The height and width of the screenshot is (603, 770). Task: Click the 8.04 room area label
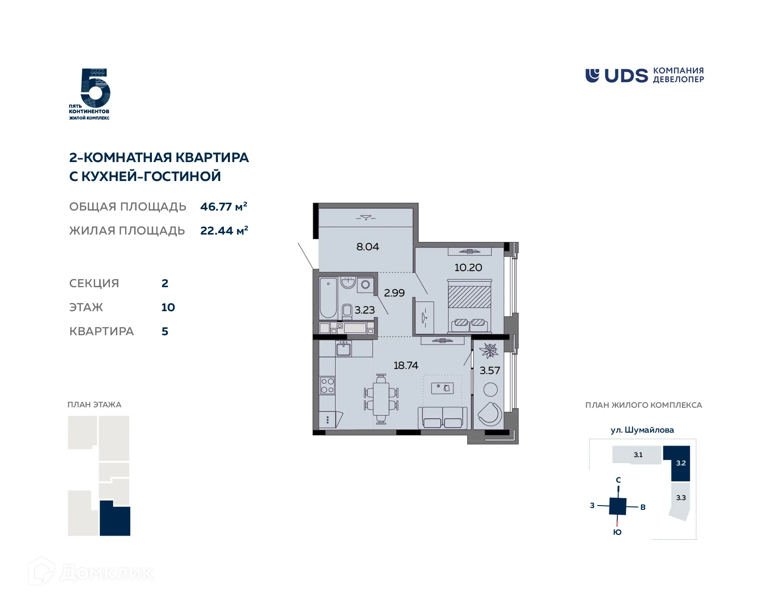[367, 247]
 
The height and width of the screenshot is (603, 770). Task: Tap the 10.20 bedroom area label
[468, 267]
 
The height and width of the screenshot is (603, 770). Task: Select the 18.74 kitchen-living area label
[406, 365]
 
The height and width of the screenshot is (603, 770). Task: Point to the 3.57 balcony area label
[490, 370]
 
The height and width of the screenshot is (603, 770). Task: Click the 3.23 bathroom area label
[365, 310]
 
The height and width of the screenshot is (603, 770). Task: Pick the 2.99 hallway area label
[394, 293]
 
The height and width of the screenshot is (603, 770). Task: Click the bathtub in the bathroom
[328, 298]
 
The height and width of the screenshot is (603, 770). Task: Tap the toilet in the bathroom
[347, 312]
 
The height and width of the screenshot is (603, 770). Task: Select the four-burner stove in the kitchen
[327, 386]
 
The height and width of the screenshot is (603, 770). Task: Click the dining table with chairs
[381, 399]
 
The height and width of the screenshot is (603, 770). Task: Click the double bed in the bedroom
[469, 306]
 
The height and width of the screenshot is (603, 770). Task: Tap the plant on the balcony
[489, 351]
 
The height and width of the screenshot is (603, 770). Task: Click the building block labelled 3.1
[638, 455]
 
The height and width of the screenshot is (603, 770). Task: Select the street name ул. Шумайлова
[642, 430]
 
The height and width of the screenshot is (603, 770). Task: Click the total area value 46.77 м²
[224, 206]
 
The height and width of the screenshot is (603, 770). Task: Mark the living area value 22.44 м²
[224, 230]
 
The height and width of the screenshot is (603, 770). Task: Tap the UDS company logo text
[626, 76]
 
